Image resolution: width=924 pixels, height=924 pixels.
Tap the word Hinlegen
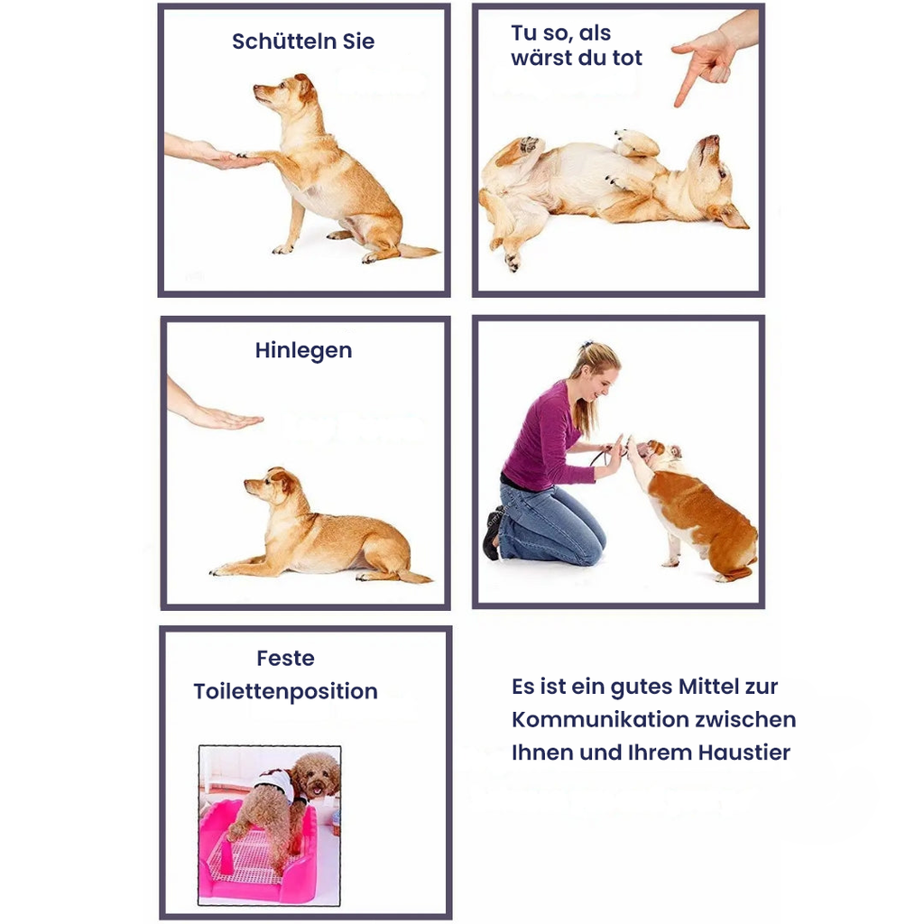303,351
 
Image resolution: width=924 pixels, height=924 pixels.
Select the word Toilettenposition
286,691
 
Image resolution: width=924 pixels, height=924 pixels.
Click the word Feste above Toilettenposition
286,658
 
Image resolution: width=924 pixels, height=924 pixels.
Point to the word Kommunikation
596,719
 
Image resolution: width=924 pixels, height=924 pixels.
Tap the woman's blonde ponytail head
596,371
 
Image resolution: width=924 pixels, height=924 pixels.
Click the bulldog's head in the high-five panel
659,454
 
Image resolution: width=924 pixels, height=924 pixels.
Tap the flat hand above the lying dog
226,419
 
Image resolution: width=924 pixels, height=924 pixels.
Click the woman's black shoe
491,535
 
